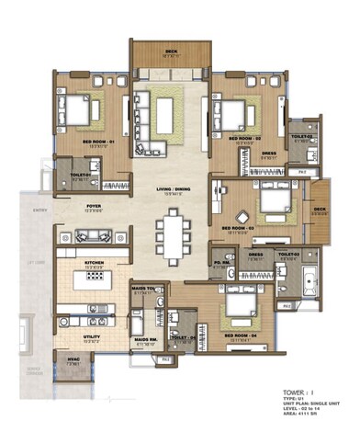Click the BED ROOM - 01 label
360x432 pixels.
[x=97, y=141]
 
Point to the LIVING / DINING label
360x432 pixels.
[x=171, y=190]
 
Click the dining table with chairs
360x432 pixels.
[x=171, y=232]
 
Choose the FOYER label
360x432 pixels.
[x=94, y=207]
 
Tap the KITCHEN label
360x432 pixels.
[x=92, y=263]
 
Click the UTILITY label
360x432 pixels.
[x=92, y=324]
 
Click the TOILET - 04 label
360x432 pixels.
[x=184, y=338]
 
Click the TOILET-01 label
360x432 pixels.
[x=74, y=176]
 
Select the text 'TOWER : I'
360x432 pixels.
[x=300, y=392]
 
